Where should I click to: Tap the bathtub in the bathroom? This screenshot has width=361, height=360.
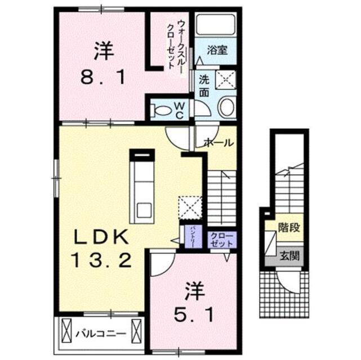click(216, 25)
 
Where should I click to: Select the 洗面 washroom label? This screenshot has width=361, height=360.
click(203, 86)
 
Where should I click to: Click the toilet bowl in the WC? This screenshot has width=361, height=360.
click(163, 109)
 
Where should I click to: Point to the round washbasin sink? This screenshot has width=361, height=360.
click(228, 107)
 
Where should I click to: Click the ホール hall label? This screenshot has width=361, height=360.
click(218, 143)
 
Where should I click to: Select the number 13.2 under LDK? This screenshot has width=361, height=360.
click(100, 260)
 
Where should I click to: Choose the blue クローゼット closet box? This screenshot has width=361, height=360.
click(217, 240)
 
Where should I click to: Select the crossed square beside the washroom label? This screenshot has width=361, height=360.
click(227, 80)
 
